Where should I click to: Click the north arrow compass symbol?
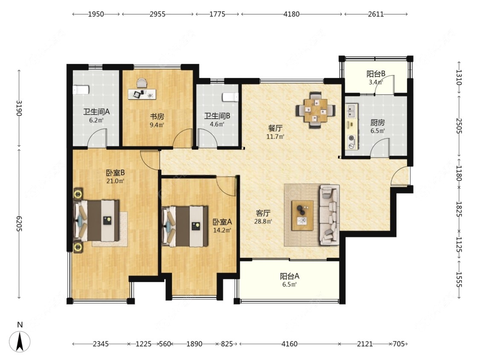point(20,341)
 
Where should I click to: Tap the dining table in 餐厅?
point(315,110)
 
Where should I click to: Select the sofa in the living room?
point(329,215)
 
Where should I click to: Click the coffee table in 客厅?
point(303,215)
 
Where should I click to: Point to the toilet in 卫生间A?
point(81,90)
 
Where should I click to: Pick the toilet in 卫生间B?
point(230,97)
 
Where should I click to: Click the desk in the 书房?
point(142,94)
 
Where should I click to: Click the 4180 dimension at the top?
point(291,14)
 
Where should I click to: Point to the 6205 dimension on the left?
point(19,224)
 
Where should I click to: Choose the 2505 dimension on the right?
point(459,125)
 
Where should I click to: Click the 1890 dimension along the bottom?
point(194,344)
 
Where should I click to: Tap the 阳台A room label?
point(290,276)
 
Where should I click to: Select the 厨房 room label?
point(378,123)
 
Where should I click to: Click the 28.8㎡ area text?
point(263,221)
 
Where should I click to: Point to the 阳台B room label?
point(376,74)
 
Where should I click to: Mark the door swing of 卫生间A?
point(97,137)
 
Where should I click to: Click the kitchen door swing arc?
point(380,148)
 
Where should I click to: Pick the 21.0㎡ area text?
point(115,181)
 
